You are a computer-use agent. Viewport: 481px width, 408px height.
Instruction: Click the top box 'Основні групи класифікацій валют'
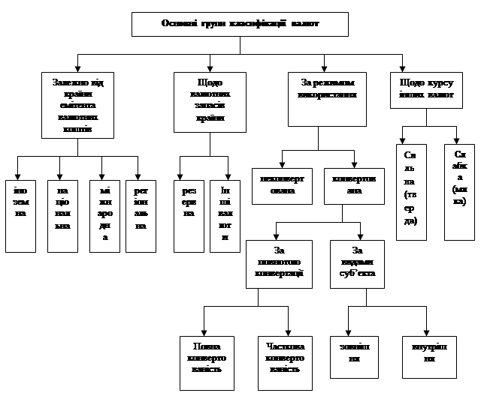[240, 23]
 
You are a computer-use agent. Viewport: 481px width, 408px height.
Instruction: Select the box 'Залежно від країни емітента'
[77, 104]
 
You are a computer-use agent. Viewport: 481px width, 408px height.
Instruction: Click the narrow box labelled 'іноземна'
[20, 215]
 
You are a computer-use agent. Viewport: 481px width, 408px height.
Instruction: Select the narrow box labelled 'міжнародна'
[104, 215]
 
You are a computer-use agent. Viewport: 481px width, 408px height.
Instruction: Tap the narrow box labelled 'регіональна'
[141, 215]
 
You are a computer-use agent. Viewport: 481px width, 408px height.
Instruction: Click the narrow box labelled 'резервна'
[189, 215]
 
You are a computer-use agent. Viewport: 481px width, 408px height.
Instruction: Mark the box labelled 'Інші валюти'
[225, 215]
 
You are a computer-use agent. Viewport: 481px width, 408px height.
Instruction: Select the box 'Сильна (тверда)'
[410, 191]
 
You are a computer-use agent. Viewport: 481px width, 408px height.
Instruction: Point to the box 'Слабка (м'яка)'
[459, 191]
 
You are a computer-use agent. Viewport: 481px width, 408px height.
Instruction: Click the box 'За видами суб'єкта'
[357, 263]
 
